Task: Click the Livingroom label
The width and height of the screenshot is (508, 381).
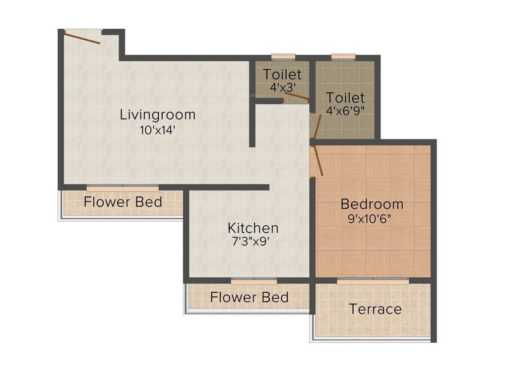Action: point(158,115)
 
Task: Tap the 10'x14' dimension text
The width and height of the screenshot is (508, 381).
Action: point(158,131)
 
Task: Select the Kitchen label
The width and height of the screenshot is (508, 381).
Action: point(253,228)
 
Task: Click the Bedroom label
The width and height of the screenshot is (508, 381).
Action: point(372,204)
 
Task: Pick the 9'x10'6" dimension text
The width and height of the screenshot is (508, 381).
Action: point(372,219)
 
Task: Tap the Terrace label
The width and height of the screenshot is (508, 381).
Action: point(375,309)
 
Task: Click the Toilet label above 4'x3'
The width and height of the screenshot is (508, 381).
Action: point(282,75)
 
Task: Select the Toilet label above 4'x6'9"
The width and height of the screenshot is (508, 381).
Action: point(345,98)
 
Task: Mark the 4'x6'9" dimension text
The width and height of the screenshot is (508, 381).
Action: point(345,111)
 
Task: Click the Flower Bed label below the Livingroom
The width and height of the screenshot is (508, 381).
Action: point(123,202)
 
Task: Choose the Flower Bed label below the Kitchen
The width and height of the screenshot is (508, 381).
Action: point(249,298)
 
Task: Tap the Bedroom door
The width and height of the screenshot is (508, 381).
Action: point(317,160)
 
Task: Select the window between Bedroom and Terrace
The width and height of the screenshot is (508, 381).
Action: point(373,280)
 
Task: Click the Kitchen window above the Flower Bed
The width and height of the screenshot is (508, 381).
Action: point(247,280)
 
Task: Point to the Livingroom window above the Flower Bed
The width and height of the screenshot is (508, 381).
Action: point(123,188)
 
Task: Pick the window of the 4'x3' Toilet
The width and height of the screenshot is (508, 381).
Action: point(283,57)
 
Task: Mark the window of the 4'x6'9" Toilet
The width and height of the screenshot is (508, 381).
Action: point(343,57)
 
